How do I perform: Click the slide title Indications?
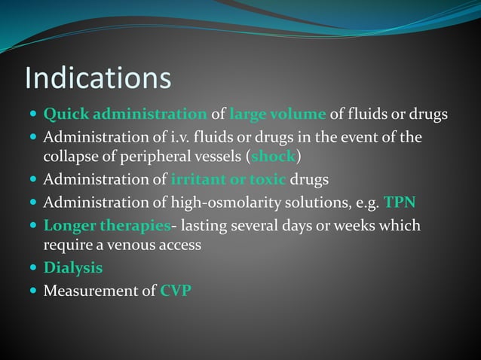(98, 78)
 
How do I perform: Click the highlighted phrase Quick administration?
(125, 115)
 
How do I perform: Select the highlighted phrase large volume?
(277, 115)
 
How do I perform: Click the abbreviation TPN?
(400, 203)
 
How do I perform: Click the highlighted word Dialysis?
(73, 268)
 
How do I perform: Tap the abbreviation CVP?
(176, 291)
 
